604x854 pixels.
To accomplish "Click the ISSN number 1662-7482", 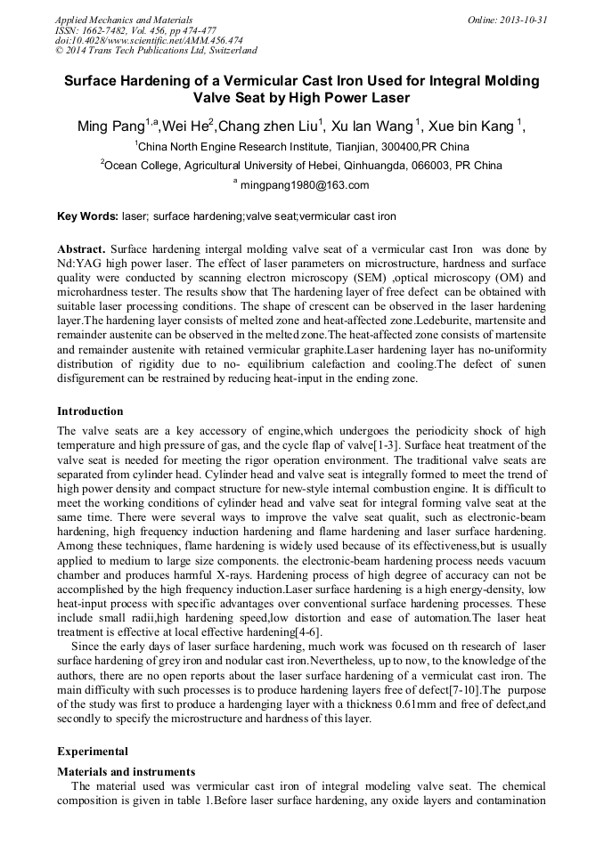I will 110,29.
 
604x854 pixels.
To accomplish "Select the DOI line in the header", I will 149,40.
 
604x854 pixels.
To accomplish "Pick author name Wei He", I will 189,126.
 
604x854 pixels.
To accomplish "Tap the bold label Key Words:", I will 87,216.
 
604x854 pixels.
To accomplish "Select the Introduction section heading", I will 90,411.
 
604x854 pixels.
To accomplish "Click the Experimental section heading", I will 93,752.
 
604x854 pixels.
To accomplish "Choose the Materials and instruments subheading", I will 126,772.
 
